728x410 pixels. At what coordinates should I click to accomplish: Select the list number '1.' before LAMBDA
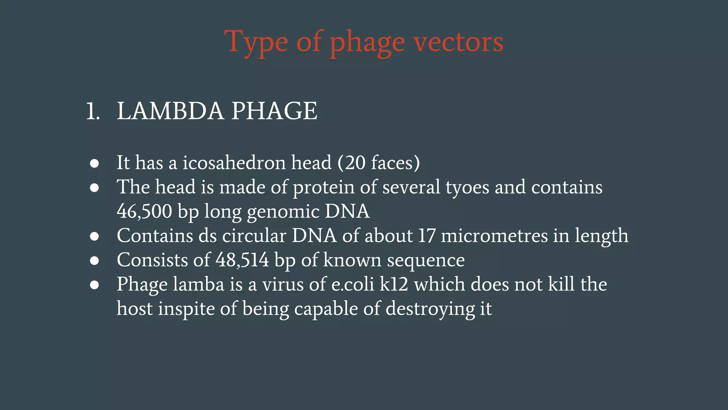pos(93,111)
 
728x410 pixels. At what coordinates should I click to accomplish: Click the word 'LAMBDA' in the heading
pos(170,111)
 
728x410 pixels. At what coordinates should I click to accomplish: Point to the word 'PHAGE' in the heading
pos(274,111)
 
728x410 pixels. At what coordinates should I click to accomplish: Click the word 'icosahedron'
pos(234,163)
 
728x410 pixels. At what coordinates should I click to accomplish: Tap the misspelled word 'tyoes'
pos(467,188)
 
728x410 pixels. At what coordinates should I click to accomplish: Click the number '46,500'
pos(144,211)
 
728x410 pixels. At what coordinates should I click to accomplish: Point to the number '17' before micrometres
pos(427,236)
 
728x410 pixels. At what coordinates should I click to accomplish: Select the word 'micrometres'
pos(494,236)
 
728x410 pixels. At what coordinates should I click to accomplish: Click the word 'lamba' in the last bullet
pos(199,285)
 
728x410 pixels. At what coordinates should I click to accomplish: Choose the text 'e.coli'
pos(353,285)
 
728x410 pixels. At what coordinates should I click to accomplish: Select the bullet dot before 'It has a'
pos(94,163)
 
